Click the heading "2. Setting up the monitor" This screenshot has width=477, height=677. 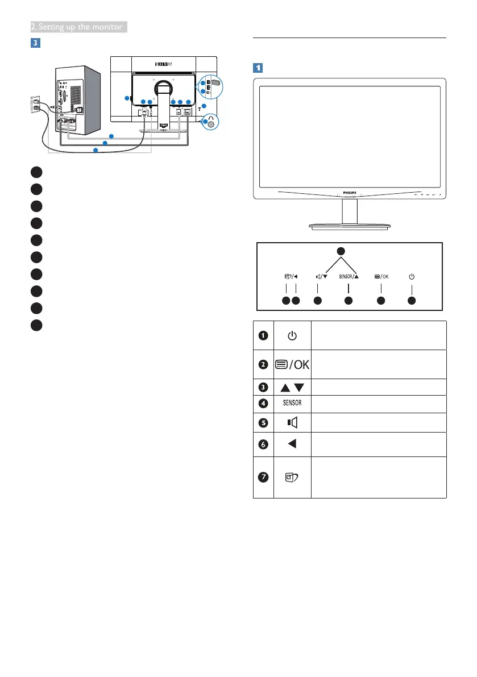(78, 27)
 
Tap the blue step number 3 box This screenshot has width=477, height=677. (36, 43)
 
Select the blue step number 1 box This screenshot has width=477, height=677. (258, 67)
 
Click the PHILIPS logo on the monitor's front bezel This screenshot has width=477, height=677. (350, 193)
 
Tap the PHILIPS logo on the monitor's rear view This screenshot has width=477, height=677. (163, 65)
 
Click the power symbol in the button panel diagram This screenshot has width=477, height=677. (412, 277)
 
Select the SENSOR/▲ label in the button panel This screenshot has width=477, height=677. (349, 277)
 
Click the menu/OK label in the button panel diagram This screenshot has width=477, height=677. (381, 277)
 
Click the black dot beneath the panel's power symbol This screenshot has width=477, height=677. (412, 300)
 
